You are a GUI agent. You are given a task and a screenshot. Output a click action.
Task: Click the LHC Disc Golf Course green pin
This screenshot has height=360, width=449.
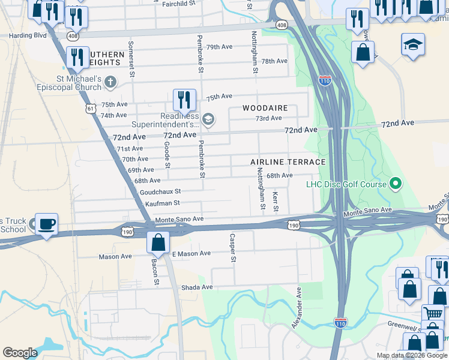tap(396, 184)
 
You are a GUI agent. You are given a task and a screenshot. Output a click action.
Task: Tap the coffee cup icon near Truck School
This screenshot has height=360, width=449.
tap(47, 224)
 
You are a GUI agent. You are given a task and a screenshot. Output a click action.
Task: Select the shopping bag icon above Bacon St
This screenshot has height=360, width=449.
tap(158, 243)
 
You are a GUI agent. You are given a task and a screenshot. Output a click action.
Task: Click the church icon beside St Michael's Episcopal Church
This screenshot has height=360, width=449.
tap(110, 82)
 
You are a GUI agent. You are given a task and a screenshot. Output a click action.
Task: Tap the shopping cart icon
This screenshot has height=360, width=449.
tap(433, 314)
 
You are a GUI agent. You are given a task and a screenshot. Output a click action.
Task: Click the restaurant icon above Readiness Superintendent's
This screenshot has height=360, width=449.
tap(184, 100)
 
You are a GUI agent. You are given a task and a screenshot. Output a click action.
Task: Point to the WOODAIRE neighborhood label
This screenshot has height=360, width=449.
tap(265, 108)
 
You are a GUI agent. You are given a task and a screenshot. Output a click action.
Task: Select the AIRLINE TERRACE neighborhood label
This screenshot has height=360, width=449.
tap(288, 162)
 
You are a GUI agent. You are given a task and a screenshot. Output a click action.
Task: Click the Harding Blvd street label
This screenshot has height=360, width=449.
tap(27, 35)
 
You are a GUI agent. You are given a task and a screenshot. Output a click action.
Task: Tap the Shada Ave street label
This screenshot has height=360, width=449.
tap(197, 287)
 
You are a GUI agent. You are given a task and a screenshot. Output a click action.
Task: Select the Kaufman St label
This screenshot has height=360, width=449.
tap(162, 203)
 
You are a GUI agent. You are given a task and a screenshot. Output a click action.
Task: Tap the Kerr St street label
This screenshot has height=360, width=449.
tap(276, 202)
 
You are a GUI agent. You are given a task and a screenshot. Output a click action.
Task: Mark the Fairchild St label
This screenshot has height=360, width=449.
tap(179, 4)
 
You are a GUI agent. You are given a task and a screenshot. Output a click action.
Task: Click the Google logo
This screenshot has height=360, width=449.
tap(20, 353)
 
